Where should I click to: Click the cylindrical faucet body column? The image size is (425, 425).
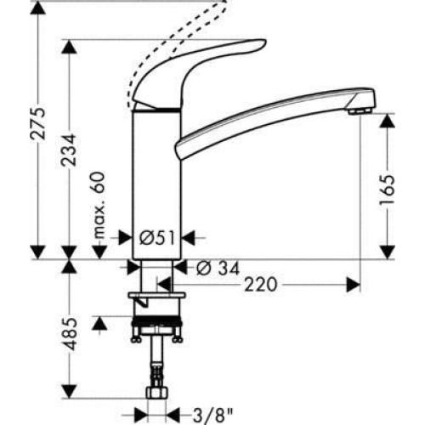tap(155, 178)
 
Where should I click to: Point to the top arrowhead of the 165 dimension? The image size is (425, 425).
tap(387, 120)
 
